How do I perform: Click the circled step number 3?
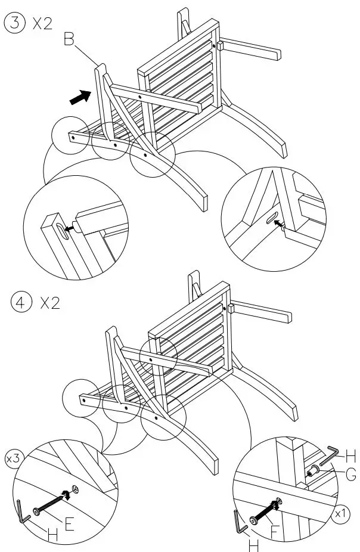(x=14, y=24)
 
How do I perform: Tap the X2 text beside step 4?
(x=49, y=303)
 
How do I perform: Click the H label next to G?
(x=350, y=457)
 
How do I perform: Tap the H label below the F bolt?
(x=254, y=544)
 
